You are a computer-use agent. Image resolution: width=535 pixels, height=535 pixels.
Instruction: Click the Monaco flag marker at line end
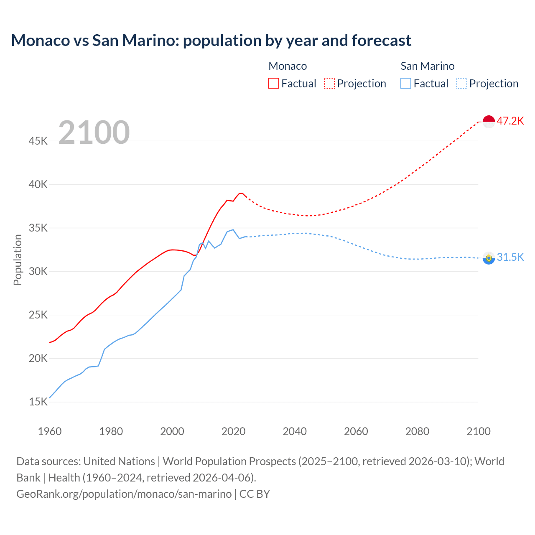[489, 121]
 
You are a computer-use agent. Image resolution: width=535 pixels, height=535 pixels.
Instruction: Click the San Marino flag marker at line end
[489, 258]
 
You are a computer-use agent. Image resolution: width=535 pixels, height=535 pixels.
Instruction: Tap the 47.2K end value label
[510, 121]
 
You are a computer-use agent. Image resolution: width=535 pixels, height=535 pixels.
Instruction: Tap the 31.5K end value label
[510, 257]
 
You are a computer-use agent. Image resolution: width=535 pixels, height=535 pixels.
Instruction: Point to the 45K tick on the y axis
[38, 141]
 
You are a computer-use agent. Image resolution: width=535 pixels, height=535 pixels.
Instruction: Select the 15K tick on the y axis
[38, 402]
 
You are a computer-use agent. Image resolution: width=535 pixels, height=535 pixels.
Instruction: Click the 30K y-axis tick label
[38, 271]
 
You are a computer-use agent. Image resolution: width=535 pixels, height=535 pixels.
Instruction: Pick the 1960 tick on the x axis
[50, 431]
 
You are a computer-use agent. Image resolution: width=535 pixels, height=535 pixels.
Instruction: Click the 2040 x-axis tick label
[295, 431]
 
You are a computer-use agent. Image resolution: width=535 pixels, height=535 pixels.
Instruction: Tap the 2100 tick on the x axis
[478, 431]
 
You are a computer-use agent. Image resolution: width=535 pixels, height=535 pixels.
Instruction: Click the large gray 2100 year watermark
[94, 132]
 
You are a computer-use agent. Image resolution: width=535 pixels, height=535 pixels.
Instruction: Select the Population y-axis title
[18, 260]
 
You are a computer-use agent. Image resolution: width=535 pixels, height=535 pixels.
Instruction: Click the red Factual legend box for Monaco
[274, 83]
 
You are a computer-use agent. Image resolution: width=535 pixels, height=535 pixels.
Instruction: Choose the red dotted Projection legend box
[329, 83]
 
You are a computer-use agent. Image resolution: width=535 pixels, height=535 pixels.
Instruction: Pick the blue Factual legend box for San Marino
[406, 83]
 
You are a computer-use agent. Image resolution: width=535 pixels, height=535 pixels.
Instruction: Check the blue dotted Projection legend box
[461, 83]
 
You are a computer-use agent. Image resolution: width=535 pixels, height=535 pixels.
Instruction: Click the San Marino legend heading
[427, 66]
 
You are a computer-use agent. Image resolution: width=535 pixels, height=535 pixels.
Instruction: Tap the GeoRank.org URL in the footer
[124, 494]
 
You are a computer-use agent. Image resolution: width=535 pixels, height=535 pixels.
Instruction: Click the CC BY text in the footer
[255, 494]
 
